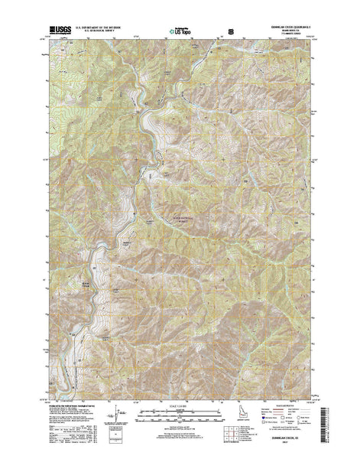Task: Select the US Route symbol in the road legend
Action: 277,428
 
